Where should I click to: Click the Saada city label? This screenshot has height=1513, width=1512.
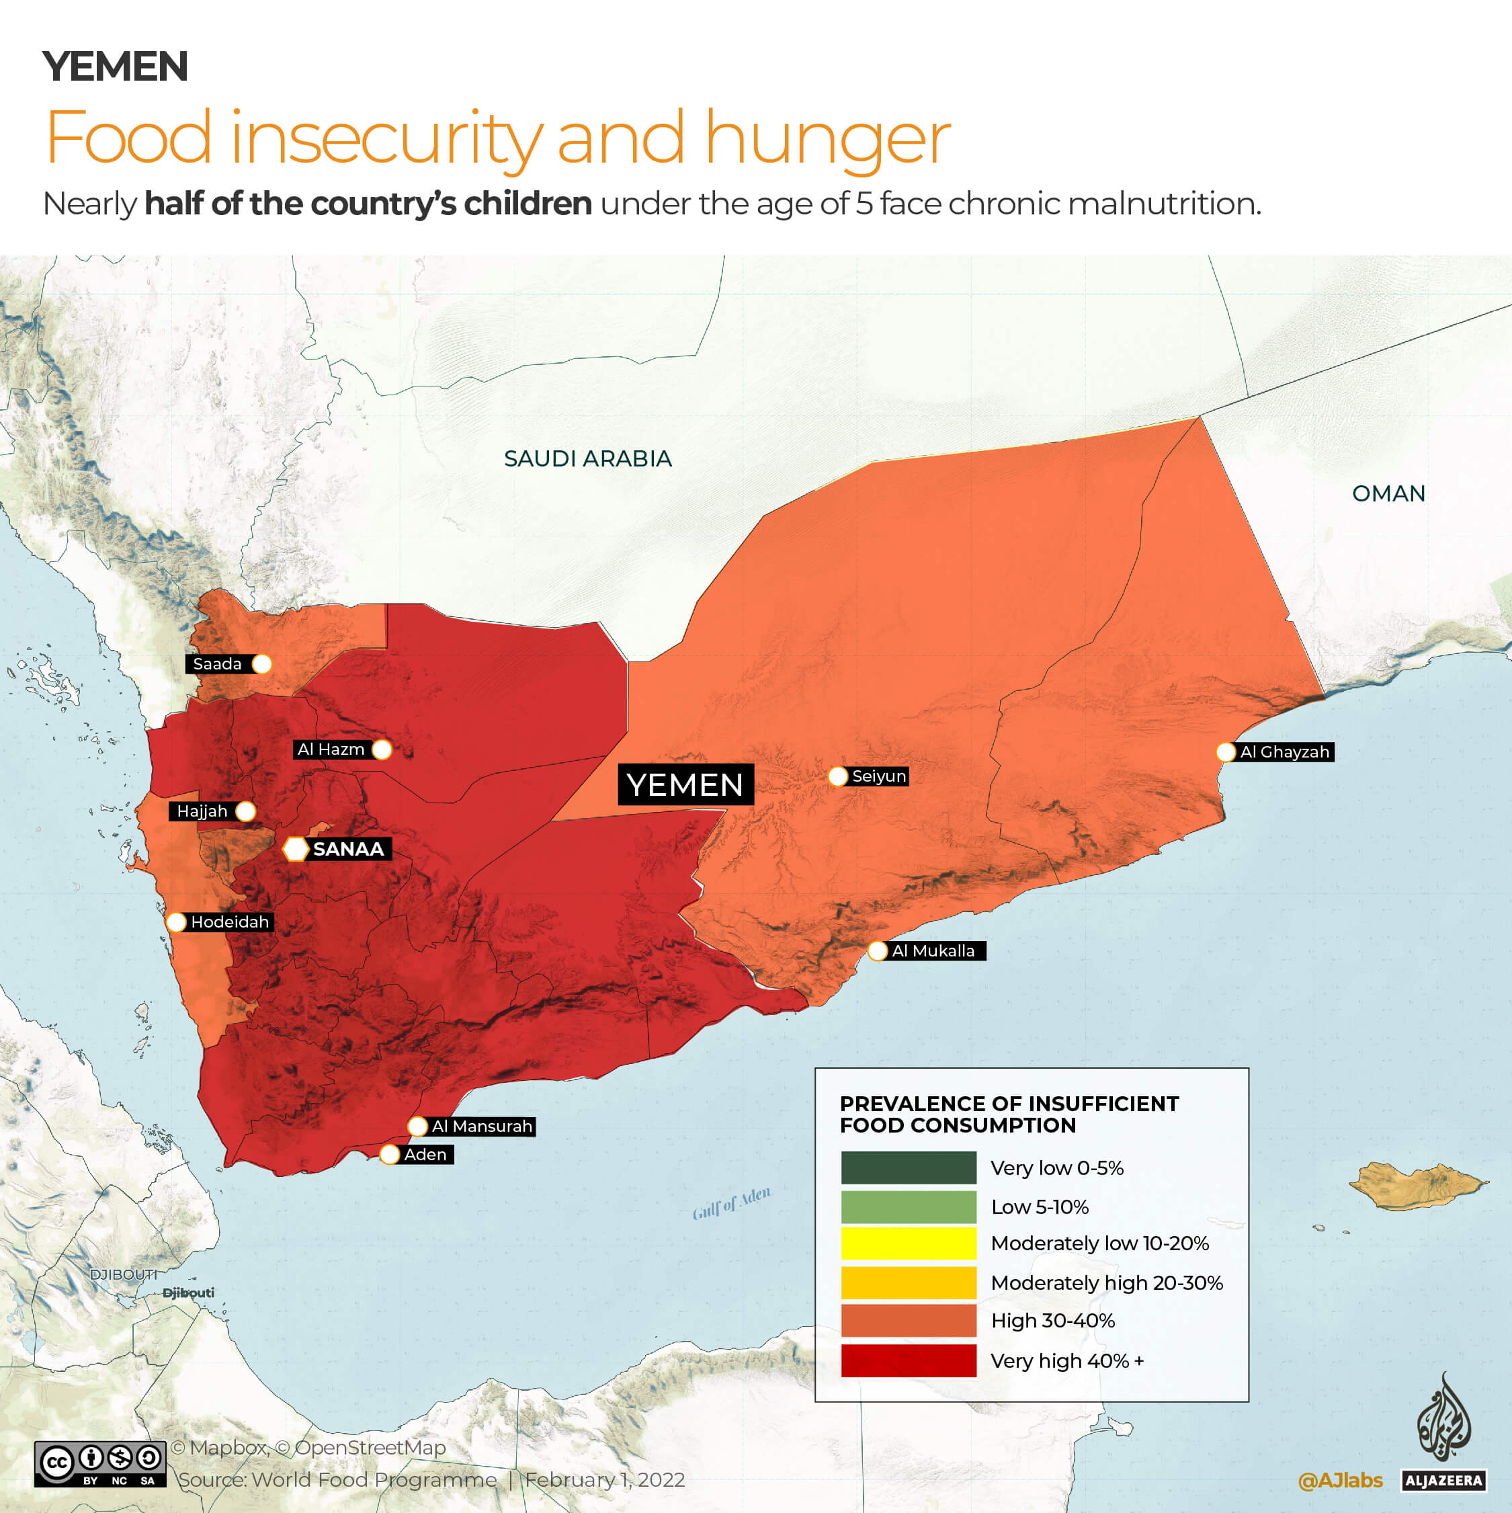218,664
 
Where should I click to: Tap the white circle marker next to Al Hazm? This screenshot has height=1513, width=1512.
382,749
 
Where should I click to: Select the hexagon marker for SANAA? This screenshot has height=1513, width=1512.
295,849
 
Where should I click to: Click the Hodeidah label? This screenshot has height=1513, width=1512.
229,922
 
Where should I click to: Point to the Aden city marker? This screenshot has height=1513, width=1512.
389,1154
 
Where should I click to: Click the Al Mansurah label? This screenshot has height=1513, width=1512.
482,1126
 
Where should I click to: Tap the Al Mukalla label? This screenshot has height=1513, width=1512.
933,950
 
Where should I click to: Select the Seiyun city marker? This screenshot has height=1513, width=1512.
838,776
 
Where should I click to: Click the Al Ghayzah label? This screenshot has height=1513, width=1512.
1284,752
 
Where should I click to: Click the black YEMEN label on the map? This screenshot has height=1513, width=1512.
685,784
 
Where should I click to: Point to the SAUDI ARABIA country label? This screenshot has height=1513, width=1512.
587,459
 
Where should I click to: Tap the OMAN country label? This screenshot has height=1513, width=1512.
1388,493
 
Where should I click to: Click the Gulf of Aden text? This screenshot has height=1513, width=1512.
731,1203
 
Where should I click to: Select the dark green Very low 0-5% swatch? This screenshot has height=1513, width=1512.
909,1168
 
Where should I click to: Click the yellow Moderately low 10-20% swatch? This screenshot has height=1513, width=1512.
909,1243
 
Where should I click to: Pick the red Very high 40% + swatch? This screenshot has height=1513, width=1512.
909,1360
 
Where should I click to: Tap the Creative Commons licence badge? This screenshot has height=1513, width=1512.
100,1464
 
